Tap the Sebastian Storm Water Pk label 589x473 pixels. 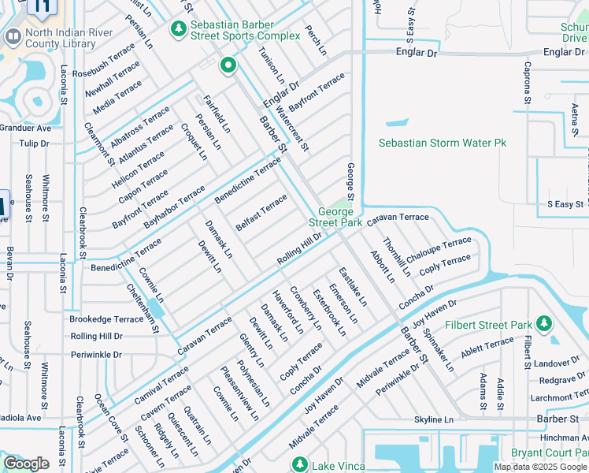(442, 143)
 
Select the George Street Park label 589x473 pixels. (340, 217)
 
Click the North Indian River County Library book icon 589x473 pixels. (13, 36)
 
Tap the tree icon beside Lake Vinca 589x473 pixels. (298, 464)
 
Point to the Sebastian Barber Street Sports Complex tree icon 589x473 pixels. (180, 29)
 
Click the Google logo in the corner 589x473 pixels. (26, 464)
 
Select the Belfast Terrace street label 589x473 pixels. (261, 213)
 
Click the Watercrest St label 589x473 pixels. (292, 132)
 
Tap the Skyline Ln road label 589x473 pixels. (434, 419)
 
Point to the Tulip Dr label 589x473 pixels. (34, 143)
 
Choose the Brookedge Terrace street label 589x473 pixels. (106, 319)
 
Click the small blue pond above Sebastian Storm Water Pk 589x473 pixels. (397, 123)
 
